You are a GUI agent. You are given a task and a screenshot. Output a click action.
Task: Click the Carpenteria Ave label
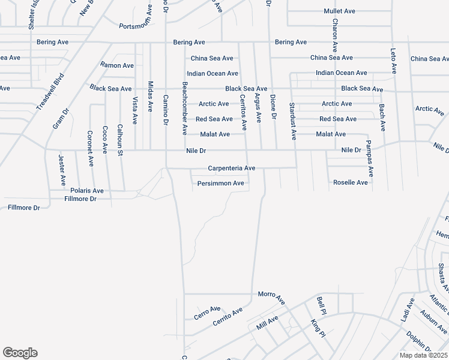tap(232, 169)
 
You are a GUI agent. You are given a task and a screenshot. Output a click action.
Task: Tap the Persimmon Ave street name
tap(220, 183)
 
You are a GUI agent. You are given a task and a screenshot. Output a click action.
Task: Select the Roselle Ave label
tap(351, 182)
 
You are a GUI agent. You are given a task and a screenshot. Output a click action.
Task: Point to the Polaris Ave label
tap(87, 190)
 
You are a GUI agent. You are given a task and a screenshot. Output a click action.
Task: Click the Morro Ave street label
tap(271, 295)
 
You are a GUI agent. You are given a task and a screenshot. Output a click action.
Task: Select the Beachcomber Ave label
tap(184, 109)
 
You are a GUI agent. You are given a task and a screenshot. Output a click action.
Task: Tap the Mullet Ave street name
tap(340, 11)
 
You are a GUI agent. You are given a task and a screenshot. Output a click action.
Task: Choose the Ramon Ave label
tap(117, 65)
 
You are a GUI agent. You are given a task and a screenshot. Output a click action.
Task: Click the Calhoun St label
tap(120, 140)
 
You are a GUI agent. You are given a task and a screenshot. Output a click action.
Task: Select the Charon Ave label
tap(335, 36)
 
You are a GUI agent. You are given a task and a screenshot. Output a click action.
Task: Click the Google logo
tap(20, 353)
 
